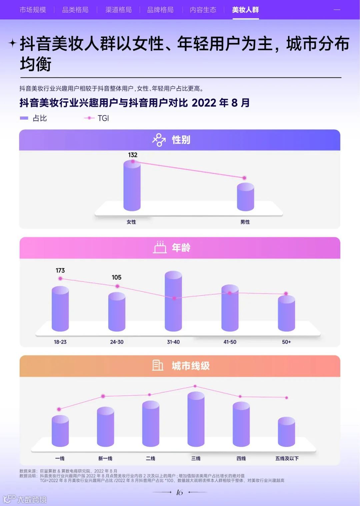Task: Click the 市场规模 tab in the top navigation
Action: [x=33, y=10]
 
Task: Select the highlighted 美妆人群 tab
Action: [x=245, y=10]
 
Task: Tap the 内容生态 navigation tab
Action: [x=203, y=10]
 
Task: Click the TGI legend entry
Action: [x=97, y=118]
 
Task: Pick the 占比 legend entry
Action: [x=34, y=118]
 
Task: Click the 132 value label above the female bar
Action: [x=133, y=155]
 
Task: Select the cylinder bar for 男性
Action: [x=245, y=197]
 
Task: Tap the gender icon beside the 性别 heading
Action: [x=159, y=140]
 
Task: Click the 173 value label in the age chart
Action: [x=60, y=270]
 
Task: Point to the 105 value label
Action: [x=117, y=277]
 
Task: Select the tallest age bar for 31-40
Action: [x=173, y=302]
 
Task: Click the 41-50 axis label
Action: [x=230, y=342]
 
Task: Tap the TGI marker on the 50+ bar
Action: [x=286, y=294]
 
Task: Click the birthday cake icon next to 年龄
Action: [x=160, y=247]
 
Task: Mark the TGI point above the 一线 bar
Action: [x=59, y=409]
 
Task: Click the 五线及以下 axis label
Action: [x=287, y=458]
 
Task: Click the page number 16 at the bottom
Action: [x=179, y=492]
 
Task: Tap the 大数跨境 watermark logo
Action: [x=25, y=499]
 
